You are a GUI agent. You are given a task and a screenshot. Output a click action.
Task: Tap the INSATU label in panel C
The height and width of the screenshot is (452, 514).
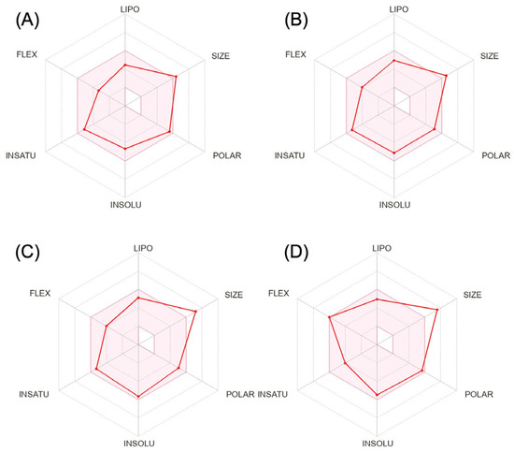click(35, 393)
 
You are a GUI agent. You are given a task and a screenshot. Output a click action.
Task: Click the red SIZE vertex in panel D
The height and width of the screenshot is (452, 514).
click(438, 308)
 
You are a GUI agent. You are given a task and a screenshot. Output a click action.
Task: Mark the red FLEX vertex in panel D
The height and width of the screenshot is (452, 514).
click(329, 318)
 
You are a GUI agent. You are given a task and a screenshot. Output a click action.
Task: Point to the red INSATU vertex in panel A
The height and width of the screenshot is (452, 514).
click(84, 128)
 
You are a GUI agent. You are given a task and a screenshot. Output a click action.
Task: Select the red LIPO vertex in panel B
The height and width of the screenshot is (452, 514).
click(394, 61)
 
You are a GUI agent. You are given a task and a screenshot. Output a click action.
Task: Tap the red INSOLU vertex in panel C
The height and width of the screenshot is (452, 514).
click(139, 397)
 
